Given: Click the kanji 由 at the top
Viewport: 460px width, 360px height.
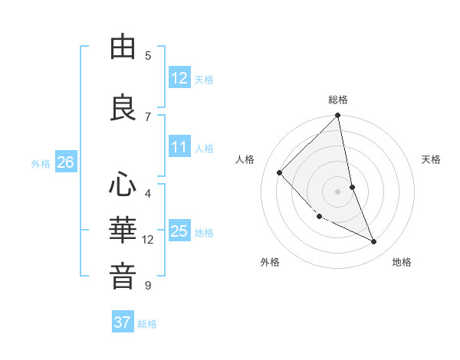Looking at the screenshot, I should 123,47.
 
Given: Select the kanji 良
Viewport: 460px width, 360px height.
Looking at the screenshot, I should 123,106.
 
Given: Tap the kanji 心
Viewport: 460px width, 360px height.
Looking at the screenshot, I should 123,185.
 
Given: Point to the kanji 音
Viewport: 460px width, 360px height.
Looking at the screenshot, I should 123,277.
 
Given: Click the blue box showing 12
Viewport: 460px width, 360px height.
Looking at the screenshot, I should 179,78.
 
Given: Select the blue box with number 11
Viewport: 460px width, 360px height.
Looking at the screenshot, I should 179,148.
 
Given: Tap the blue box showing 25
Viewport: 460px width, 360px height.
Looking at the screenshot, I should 179,231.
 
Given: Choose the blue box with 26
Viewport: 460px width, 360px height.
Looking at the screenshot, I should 65,162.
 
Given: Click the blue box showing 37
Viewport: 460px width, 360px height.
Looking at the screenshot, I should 123,322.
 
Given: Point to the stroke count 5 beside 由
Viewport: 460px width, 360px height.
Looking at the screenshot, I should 148,55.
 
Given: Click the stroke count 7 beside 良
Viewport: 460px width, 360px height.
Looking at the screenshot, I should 148,116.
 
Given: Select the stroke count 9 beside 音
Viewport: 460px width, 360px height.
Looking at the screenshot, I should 148,286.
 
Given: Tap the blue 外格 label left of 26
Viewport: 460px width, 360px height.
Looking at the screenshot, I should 41,163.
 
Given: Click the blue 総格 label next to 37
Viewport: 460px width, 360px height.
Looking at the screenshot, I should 147,323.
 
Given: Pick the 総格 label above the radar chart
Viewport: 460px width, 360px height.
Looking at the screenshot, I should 338,100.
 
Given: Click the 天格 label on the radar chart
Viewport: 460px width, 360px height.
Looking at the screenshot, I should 432,159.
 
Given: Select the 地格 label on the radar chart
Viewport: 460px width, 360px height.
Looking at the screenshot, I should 402,262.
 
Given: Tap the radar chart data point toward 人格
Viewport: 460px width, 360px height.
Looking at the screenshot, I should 280,172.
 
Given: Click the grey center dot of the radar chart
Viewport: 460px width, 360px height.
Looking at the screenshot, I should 337,191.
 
